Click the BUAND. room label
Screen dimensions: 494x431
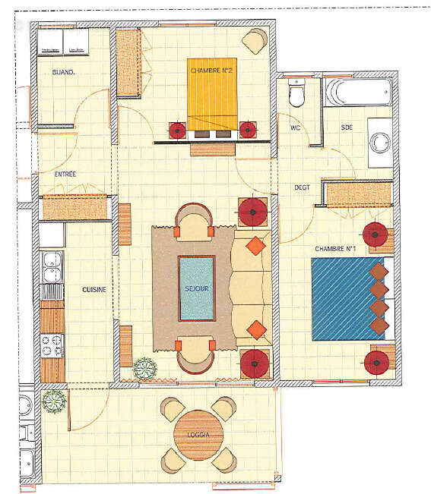pos(62,73)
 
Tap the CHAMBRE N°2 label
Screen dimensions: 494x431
pos(211,71)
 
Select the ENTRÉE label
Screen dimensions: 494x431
pos(65,175)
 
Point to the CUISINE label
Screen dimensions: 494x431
pos(93,290)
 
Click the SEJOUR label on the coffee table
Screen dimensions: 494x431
pos(196,290)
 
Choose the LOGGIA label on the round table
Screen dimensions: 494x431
pos(197,435)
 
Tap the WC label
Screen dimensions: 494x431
pos(296,128)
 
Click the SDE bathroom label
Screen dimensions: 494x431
pos(347,127)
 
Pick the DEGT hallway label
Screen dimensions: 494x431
pos(303,187)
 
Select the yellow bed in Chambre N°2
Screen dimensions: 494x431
pos(212,93)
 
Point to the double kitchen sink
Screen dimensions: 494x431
pos(52,269)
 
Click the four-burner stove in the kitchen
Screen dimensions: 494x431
pos(51,345)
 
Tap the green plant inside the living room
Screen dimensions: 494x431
pos(143,370)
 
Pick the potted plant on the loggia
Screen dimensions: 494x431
pos(52,400)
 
